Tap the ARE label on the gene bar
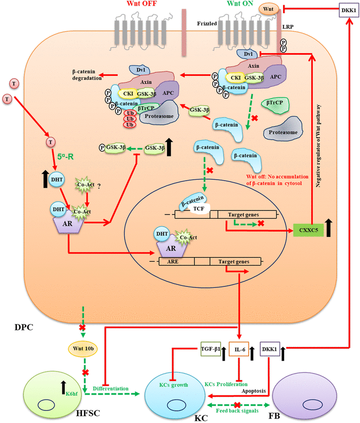pyautogui.click(x=176, y=262)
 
